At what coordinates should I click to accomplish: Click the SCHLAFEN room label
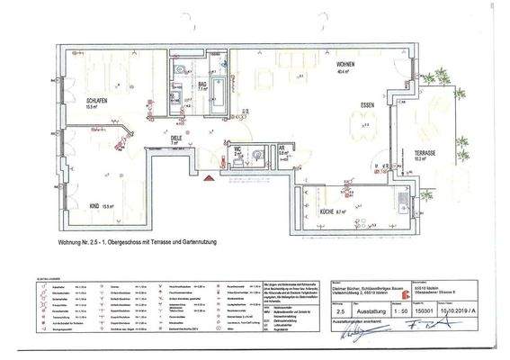tap(96, 101)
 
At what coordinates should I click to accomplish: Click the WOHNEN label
tap(322, 66)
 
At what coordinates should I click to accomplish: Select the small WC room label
tap(237, 149)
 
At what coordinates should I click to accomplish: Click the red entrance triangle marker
tap(209, 178)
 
